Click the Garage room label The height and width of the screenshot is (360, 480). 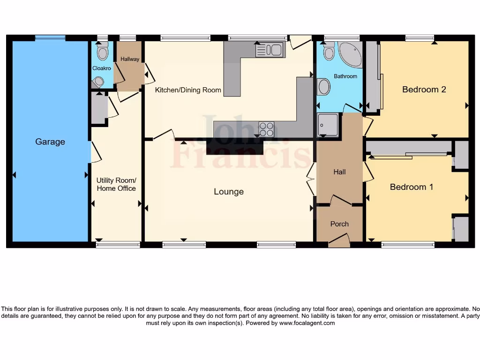(50, 142)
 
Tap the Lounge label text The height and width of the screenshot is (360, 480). (229, 192)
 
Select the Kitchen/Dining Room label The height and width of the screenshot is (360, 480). (188, 90)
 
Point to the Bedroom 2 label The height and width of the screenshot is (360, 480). (424, 90)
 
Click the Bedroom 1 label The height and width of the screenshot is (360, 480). (412, 187)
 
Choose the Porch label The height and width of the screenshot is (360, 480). (339, 224)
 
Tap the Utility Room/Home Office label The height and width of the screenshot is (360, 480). (116, 184)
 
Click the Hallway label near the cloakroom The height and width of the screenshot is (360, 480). (130, 59)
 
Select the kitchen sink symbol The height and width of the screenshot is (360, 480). (270, 50)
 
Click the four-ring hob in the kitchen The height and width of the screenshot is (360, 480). (267, 129)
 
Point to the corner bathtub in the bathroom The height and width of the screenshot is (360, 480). (350, 54)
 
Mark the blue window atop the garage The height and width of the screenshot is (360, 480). (51, 37)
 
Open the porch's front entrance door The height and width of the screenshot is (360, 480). (339, 241)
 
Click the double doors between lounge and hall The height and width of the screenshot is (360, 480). (311, 180)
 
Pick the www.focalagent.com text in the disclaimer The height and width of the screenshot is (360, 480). (307, 323)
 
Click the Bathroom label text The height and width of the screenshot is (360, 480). (345, 76)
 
